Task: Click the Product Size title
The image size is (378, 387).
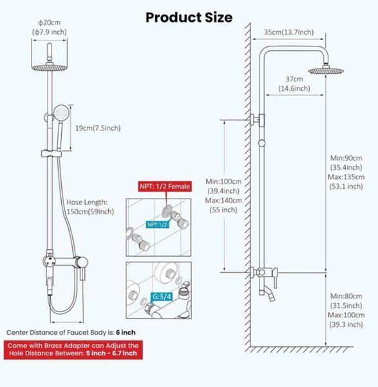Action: (189, 17)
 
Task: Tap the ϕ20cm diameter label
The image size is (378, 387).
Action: (50, 23)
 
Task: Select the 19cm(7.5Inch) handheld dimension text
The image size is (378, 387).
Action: (98, 128)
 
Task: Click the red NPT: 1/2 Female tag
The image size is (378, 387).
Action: (165, 186)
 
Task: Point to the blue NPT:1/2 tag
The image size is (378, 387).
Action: (157, 224)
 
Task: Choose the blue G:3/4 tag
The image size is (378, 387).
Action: (162, 297)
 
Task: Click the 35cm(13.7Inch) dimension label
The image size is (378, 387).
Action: (288, 32)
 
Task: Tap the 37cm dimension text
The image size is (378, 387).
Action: (294, 79)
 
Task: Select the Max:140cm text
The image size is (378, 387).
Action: (223, 201)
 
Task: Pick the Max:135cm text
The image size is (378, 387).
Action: (346, 177)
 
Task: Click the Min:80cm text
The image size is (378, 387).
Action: (346, 296)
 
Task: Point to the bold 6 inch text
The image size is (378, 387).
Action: (126, 332)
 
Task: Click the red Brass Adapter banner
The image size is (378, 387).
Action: (73, 350)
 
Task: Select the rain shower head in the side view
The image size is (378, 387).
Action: (326, 71)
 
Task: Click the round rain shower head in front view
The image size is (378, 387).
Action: (50, 68)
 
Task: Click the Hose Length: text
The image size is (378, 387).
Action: (87, 203)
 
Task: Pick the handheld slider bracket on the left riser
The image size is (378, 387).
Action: (52, 154)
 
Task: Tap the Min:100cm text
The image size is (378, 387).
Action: (223, 182)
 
